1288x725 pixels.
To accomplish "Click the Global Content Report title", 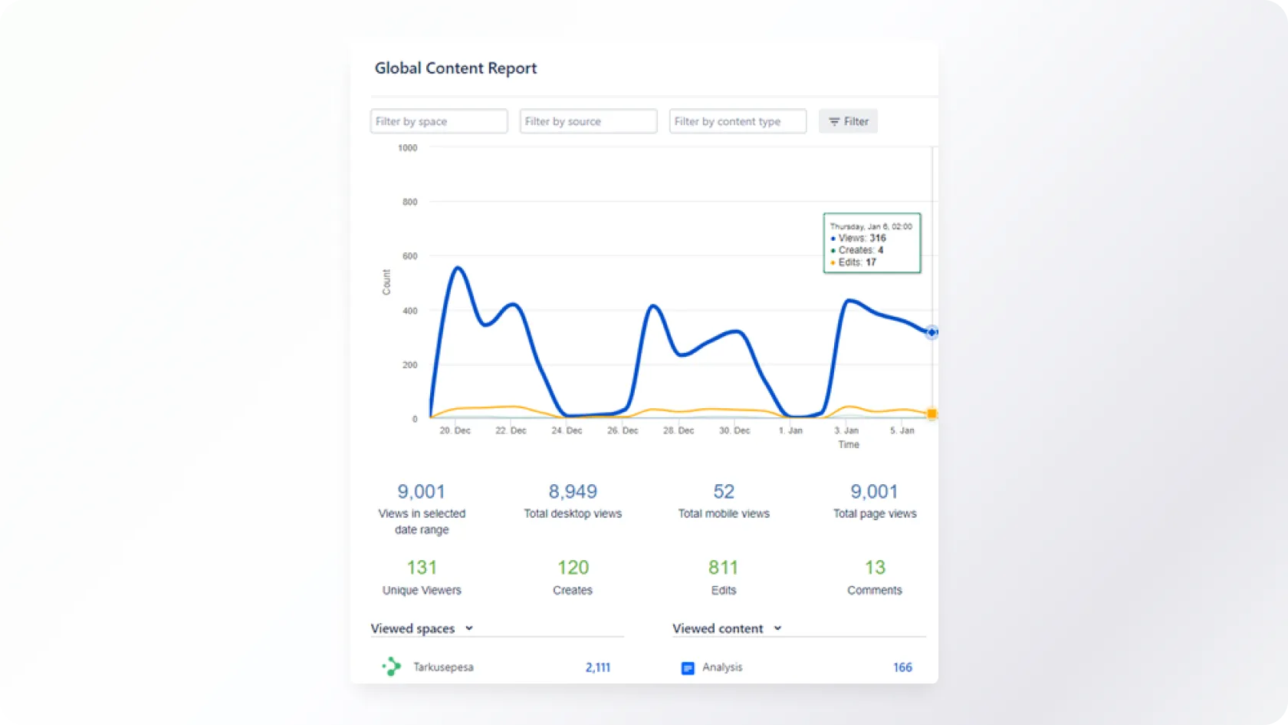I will (455, 68).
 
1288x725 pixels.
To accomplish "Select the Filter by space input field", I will (439, 121).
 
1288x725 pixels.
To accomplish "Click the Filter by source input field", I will (588, 121).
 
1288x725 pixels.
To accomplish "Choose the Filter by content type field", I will (738, 121).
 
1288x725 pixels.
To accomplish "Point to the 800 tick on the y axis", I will (410, 202).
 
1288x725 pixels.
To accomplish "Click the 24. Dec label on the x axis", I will (567, 430).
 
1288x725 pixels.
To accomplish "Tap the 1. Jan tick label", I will (790, 430).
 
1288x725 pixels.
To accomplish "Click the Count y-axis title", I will (386, 282).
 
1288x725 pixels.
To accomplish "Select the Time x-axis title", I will (849, 445).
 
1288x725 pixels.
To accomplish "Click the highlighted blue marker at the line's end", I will (932, 332).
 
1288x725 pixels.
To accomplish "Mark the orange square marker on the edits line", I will (932, 414).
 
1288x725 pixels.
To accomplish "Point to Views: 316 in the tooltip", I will (862, 239).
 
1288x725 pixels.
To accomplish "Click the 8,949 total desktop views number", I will (573, 492).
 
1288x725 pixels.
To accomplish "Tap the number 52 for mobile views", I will (724, 492).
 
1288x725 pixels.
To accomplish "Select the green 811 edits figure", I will (723, 568).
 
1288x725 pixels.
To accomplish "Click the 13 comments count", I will (875, 568).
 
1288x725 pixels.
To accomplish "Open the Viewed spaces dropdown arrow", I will (469, 628).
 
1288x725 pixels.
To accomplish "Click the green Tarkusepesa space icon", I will (392, 667).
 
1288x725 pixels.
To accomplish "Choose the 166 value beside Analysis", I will (902, 667).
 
